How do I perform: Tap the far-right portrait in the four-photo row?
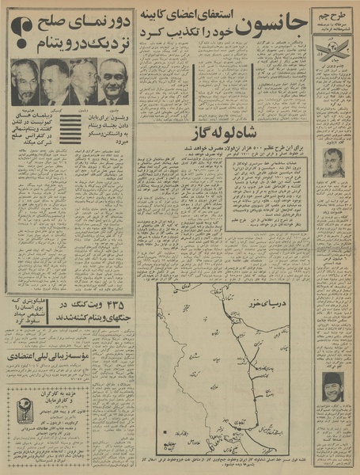113,82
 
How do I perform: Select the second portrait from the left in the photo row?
54,82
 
